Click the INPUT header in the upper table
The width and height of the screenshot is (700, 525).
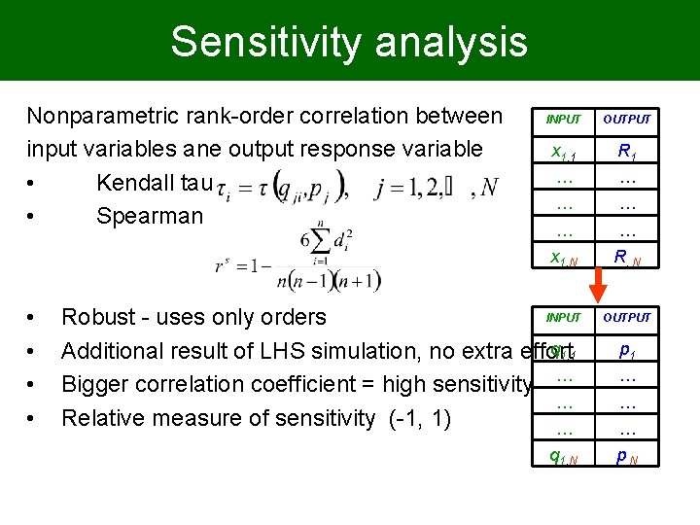(x=563, y=120)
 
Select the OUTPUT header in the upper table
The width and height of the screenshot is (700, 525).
(x=627, y=120)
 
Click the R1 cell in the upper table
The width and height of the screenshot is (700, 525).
(x=627, y=151)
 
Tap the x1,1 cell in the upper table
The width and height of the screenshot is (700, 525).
(x=563, y=152)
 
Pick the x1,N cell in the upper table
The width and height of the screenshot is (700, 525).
(x=563, y=258)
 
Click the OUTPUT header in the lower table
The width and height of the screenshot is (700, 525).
(x=627, y=318)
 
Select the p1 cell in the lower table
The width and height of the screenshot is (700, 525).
(x=627, y=350)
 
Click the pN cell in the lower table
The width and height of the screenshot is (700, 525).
(x=627, y=455)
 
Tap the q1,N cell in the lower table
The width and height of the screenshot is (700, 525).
(x=563, y=455)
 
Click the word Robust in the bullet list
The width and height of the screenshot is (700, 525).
(x=94, y=317)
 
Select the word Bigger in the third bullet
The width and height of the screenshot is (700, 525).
(x=93, y=384)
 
